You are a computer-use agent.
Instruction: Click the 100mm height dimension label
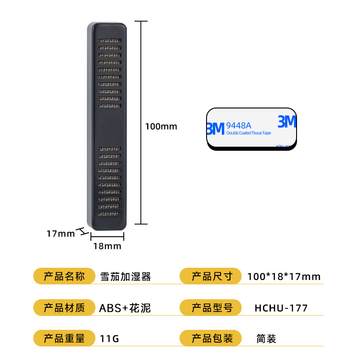(161, 126)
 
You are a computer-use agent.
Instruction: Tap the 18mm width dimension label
(107, 246)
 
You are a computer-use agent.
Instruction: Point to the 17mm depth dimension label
(60, 234)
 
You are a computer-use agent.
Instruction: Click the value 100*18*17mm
(284, 276)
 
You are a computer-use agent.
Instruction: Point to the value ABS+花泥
(125, 308)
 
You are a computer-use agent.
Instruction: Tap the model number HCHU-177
(281, 308)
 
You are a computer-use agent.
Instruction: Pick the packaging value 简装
(266, 339)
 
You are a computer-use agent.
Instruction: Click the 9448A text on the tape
(238, 125)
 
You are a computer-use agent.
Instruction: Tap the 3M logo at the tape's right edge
(287, 122)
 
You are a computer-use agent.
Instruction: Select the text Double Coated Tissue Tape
(248, 133)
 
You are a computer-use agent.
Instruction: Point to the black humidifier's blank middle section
(108, 126)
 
